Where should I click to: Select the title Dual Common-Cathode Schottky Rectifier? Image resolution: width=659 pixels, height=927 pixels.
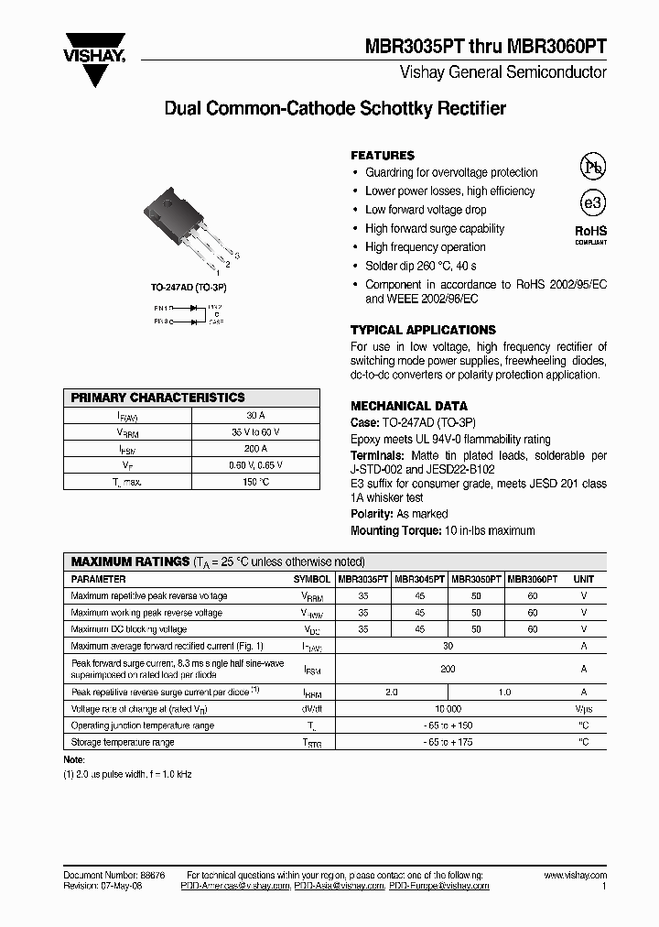pyautogui.click(x=334, y=109)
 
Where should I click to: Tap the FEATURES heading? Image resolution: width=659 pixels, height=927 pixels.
pyautogui.click(x=383, y=156)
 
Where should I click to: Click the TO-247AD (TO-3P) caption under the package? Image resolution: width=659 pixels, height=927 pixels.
pyautogui.click(x=189, y=288)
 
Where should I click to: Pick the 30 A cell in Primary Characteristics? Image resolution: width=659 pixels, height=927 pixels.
pyautogui.click(x=255, y=415)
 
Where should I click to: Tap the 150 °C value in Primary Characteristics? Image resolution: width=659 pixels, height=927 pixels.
pyautogui.click(x=255, y=481)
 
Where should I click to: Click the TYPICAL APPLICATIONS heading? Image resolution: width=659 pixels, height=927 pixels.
pyautogui.click(x=423, y=330)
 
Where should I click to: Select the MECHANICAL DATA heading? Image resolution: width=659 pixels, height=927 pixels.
pyautogui.click(x=409, y=406)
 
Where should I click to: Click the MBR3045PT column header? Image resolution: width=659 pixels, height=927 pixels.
pyautogui.click(x=420, y=579)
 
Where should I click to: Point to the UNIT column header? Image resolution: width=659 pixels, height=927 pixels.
pyautogui.click(x=583, y=579)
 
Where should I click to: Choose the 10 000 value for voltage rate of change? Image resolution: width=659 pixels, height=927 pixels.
pyautogui.click(x=448, y=709)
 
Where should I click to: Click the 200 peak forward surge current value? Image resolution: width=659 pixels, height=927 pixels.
pyautogui.click(x=448, y=670)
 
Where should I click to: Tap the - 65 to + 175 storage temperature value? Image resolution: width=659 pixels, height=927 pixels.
pyautogui.click(x=448, y=742)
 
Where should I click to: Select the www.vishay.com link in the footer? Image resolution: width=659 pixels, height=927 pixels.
pyautogui.click(x=575, y=876)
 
